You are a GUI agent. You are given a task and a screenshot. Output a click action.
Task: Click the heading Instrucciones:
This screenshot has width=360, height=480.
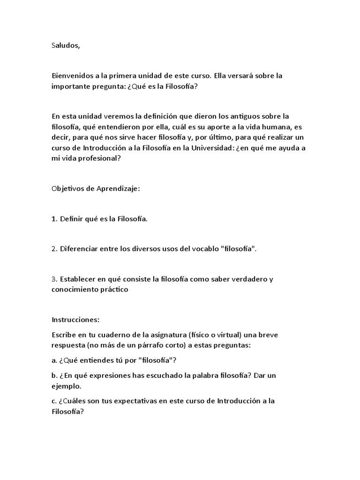pos(75,320)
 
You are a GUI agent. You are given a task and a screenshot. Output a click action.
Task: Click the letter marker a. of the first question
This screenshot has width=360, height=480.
pos(54,360)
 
